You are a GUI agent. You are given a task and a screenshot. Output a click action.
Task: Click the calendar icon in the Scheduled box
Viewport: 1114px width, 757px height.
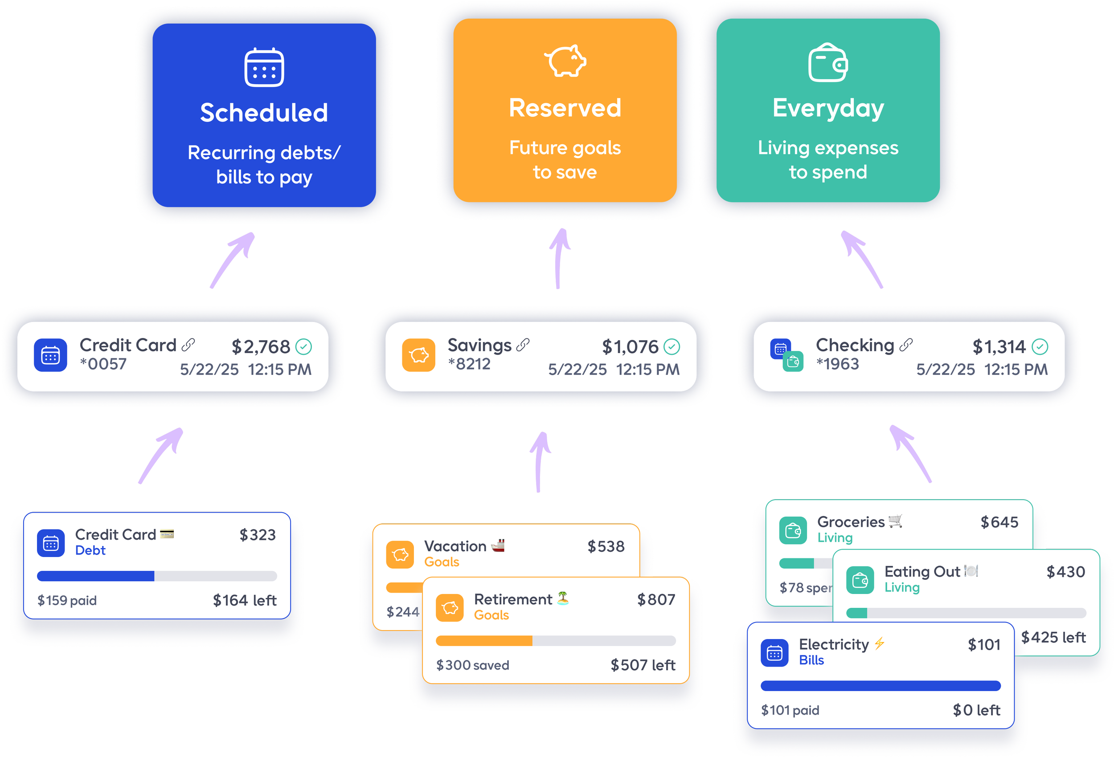[264, 68]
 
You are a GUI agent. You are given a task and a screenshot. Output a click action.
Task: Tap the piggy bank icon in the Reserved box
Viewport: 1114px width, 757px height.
[565, 61]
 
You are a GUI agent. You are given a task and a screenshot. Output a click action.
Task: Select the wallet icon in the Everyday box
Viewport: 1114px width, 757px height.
[828, 63]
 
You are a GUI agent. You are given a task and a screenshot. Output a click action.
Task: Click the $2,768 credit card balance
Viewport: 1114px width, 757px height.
[261, 347]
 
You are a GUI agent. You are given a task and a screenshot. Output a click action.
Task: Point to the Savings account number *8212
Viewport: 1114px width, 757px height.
[469, 364]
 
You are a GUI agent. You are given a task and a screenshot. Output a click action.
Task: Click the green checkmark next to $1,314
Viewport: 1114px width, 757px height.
[1040, 346]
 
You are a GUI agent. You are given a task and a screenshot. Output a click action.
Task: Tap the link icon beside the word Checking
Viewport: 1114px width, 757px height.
[906, 345]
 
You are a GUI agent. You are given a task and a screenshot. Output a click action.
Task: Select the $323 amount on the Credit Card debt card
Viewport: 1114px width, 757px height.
[258, 535]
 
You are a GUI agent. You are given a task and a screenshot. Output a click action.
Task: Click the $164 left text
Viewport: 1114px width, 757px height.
[245, 600]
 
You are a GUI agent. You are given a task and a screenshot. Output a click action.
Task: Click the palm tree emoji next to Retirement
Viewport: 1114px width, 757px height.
[563, 598]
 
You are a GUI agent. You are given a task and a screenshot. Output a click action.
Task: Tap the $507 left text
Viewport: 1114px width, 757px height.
[643, 665]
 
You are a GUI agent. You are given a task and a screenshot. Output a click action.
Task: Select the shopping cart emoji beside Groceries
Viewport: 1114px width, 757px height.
[895, 521]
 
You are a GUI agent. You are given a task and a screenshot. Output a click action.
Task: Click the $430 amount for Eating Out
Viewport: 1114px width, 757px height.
[1065, 572]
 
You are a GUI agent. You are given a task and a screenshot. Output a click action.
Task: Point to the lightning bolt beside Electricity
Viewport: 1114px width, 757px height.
[879, 643]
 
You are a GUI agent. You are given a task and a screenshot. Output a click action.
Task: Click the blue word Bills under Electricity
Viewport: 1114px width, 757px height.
[811, 660]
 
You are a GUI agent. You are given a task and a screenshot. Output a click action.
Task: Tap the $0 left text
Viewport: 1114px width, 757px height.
[976, 710]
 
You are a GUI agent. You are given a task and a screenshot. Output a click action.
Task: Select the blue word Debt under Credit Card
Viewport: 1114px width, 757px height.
[90, 550]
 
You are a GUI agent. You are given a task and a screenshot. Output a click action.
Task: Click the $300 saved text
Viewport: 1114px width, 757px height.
[473, 665]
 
